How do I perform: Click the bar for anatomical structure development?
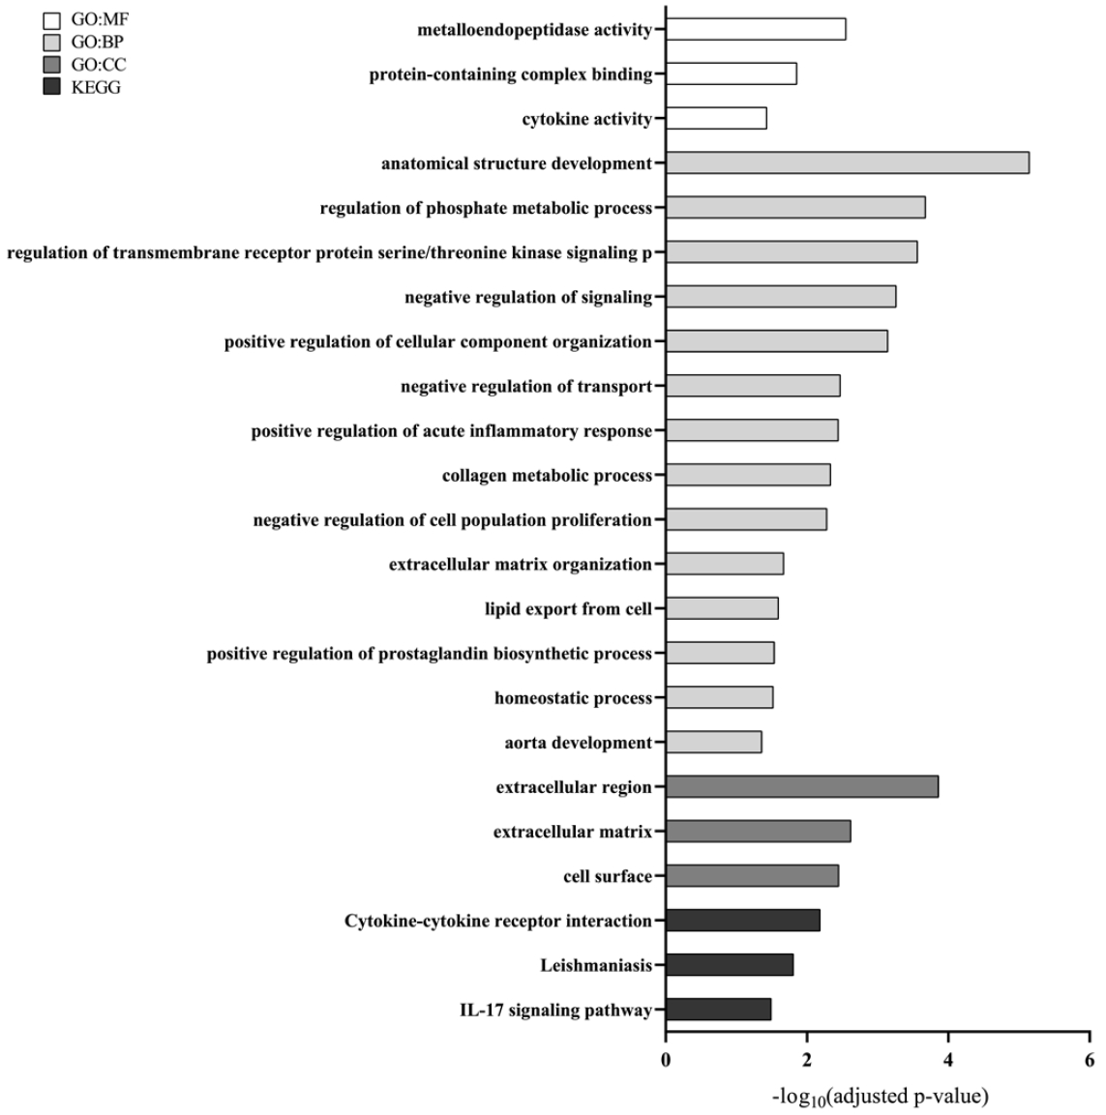click(847, 163)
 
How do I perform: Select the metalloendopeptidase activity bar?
click(756, 30)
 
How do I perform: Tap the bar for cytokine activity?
click(716, 119)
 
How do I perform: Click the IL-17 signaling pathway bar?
click(718, 1010)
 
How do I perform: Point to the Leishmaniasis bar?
click(730, 965)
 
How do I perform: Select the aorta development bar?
click(713, 743)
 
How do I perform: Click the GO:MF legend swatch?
click(52, 19)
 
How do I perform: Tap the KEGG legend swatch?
click(52, 88)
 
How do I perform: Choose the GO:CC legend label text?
click(99, 65)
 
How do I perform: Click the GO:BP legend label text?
click(97, 42)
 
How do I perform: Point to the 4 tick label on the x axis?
click(948, 1060)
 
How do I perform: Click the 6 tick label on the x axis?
click(1090, 1060)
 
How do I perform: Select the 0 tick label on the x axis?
click(666, 1060)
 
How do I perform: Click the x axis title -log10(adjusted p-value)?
click(880, 1097)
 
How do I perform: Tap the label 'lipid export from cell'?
click(568, 609)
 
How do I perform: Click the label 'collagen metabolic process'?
click(547, 476)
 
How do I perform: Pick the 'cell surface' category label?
click(608, 876)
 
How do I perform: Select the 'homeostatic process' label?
click(573, 698)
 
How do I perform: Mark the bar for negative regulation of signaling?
click(781, 297)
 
